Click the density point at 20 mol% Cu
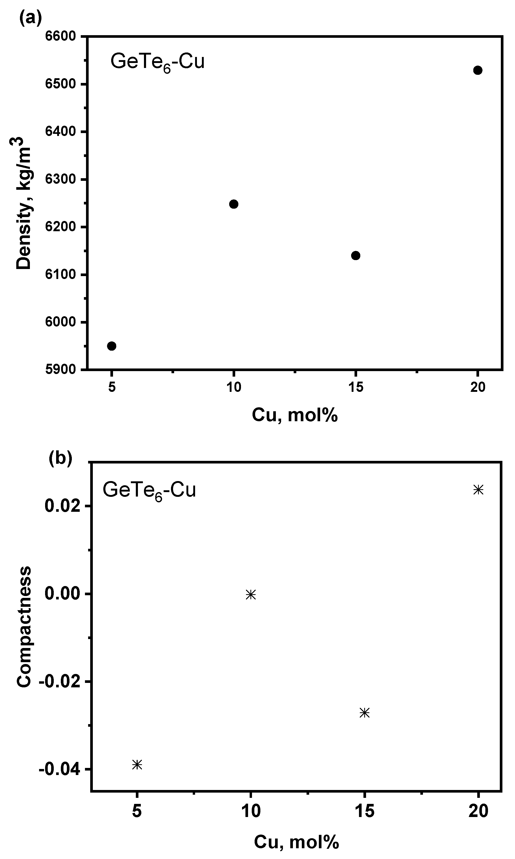click(478, 70)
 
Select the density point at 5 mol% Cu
click(111, 346)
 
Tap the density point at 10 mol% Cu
click(234, 204)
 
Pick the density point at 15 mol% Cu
click(356, 256)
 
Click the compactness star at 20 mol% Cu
click(479, 490)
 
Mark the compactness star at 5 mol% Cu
click(137, 765)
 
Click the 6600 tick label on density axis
click(61, 36)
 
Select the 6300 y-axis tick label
click(61, 179)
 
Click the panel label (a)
click(30, 18)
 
